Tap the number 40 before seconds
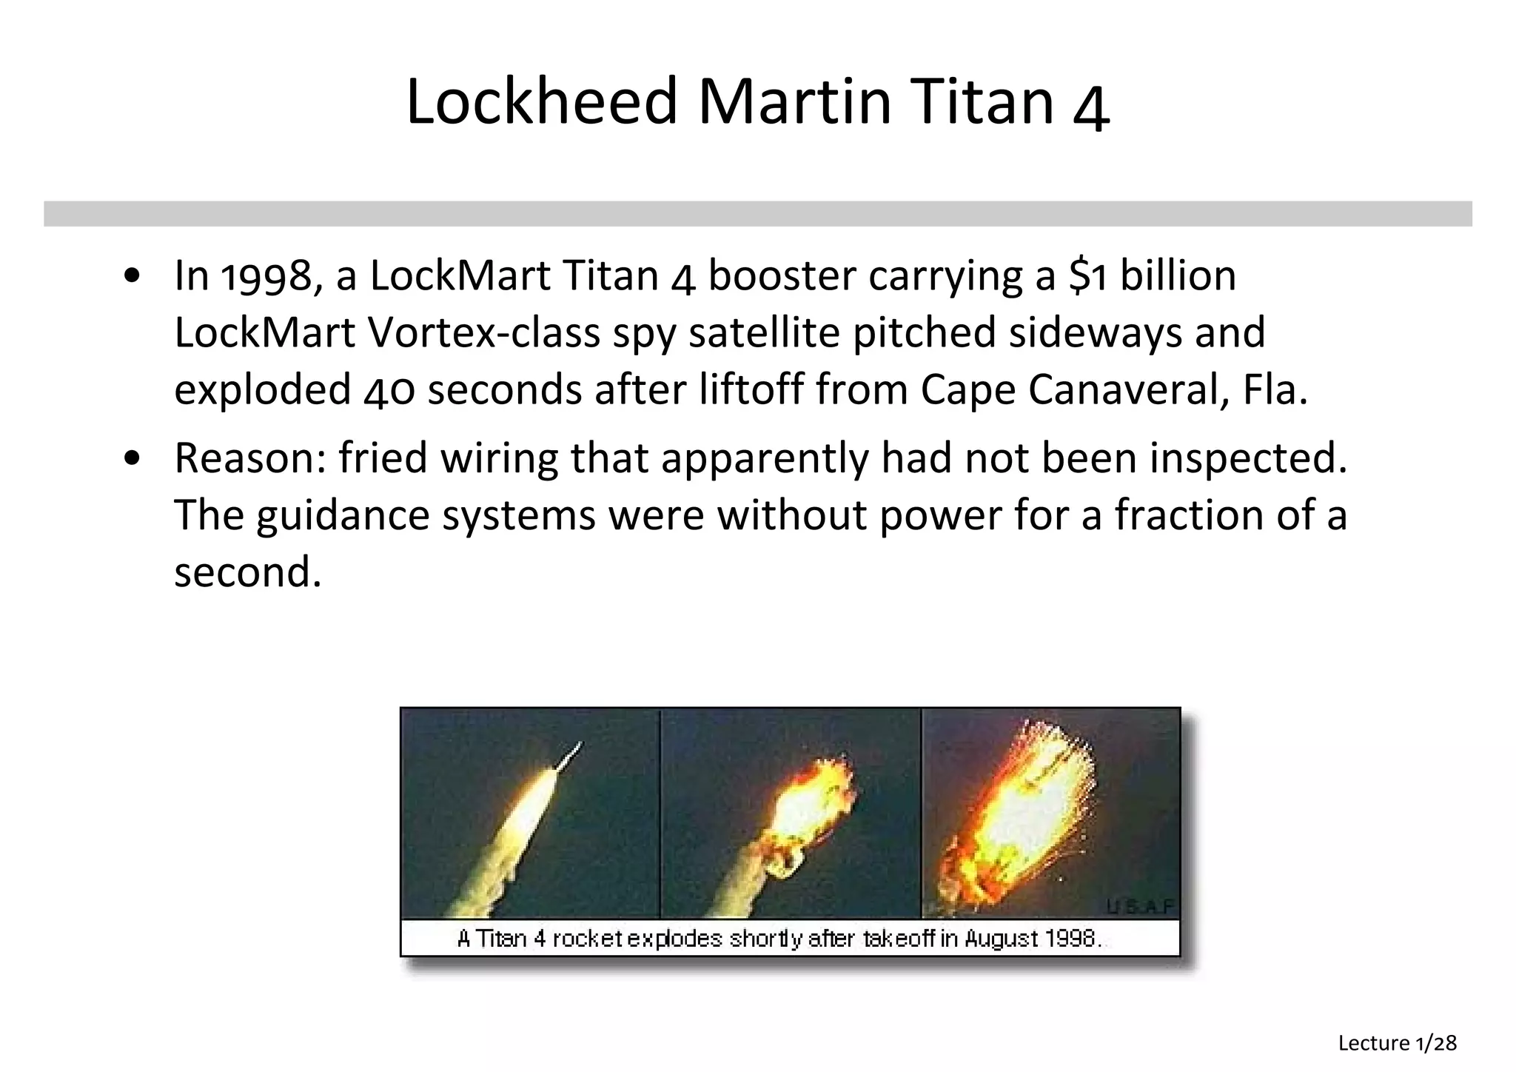tap(389, 390)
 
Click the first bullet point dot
tap(133, 277)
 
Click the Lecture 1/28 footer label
tap(1397, 1043)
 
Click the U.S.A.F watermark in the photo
tap(1141, 905)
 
